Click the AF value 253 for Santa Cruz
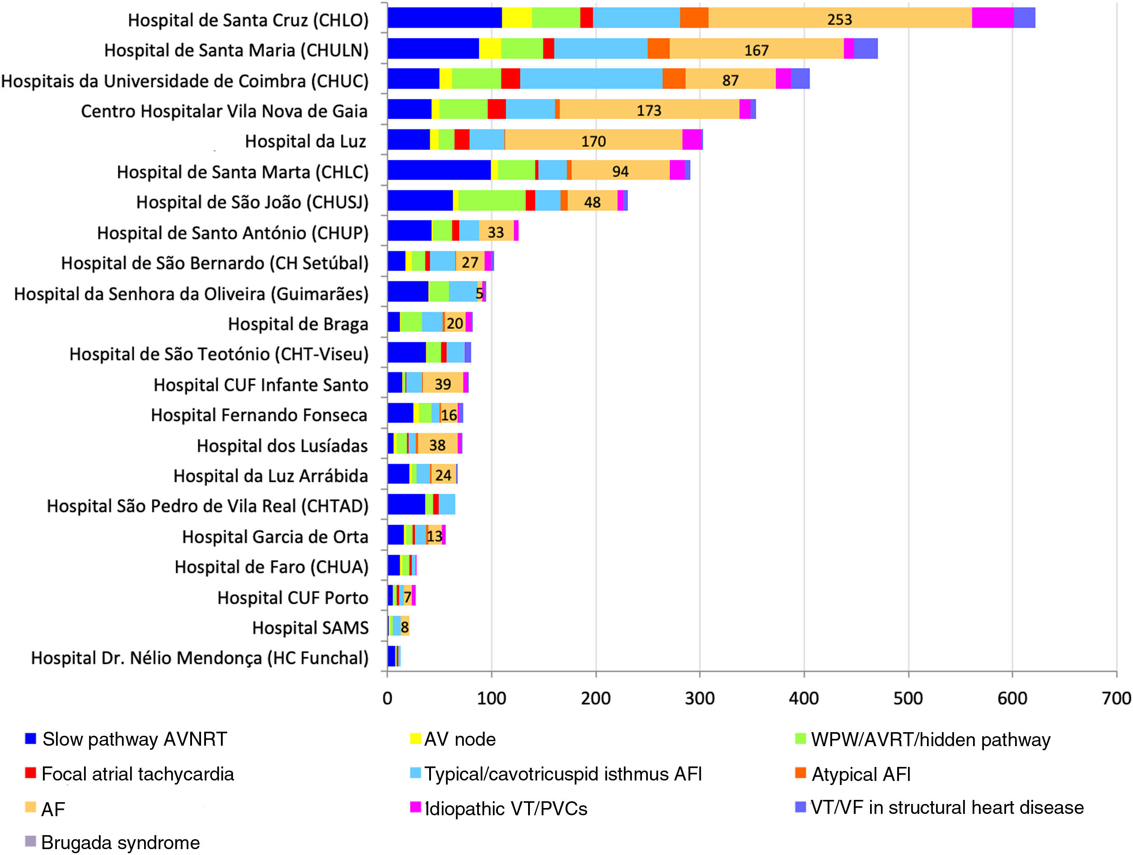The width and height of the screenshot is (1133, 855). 839,19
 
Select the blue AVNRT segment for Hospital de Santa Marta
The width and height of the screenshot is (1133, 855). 439,170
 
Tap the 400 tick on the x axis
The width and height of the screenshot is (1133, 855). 804,698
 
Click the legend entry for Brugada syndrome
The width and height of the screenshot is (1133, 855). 120,842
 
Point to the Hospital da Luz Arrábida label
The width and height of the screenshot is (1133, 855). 271,476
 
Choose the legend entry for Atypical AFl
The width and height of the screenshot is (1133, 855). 861,774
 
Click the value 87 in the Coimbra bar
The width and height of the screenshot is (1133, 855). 730,80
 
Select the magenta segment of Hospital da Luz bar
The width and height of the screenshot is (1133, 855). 692,140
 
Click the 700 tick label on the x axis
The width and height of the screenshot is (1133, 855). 1116,698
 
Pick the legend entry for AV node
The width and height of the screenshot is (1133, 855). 459,739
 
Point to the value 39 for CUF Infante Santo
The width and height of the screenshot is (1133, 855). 443,384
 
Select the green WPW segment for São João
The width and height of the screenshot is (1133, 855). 492,201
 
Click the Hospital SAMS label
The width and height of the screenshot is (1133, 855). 310,628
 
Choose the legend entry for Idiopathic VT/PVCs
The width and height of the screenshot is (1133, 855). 506,808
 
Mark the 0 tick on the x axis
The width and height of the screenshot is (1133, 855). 387,698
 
